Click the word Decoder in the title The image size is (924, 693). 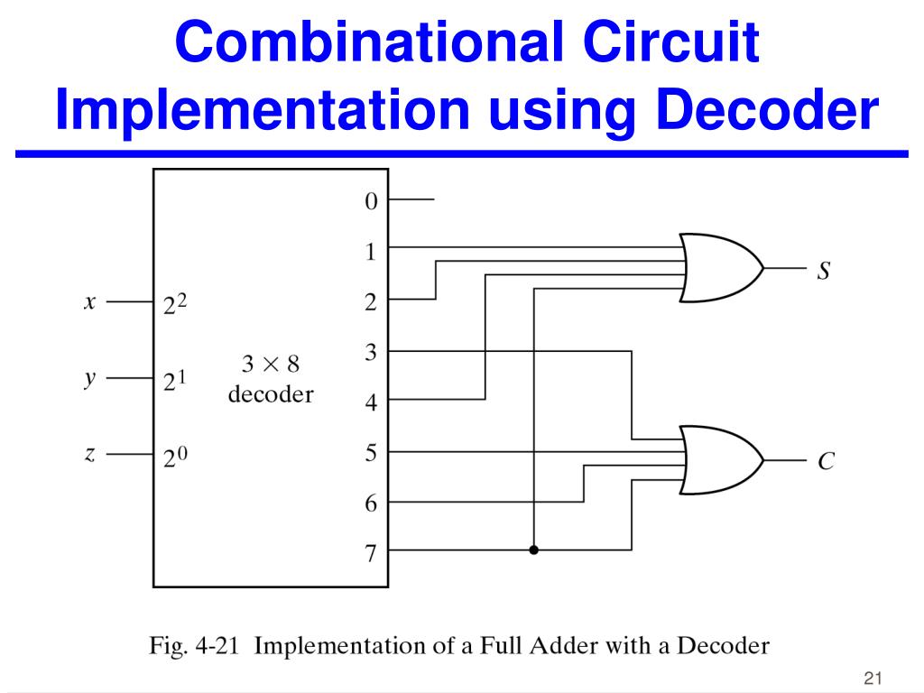[x=766, y=109]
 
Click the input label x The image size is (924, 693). [x=89, y=303]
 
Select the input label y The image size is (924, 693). [x=89, y=379]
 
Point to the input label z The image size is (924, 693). [x=89, y=455]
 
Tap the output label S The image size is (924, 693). [x=823, y=270]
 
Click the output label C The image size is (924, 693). [x=825, y=462]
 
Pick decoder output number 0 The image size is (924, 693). [x=370, y=201]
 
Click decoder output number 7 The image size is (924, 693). [x=370, y=553]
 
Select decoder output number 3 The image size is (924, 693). [x=370, y=352]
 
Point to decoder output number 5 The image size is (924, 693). [x=370, y=453]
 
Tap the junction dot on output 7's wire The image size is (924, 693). [x=534, y=550]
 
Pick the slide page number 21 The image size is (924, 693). [x=872, y=678]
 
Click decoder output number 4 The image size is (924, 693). [x=370, y=403]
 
